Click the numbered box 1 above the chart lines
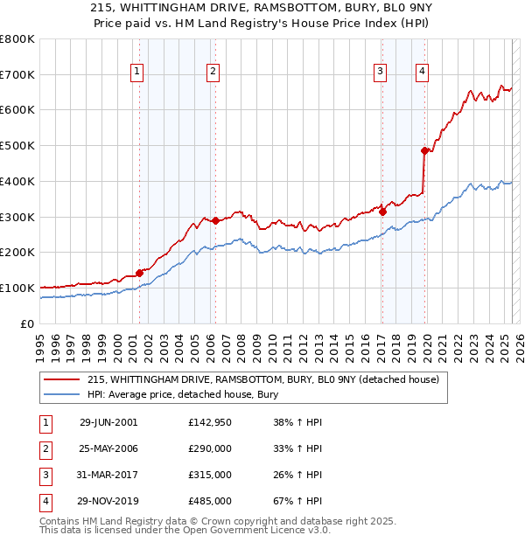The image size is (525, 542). pos(138,73)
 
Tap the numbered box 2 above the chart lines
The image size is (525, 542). pos(213,73)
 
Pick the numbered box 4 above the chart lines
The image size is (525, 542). pos(422,73)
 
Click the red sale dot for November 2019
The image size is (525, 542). pos(425,150)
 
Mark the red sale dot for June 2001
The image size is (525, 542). pos(139,272)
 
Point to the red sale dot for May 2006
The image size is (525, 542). pos(215,220)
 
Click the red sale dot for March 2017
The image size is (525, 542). pos(382,211)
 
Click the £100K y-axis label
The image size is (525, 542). pos(19,288)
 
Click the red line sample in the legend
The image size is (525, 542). pos(62,379)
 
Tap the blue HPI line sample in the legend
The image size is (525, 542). pos(62,394)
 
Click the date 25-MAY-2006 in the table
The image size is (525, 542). pos(108,448)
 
